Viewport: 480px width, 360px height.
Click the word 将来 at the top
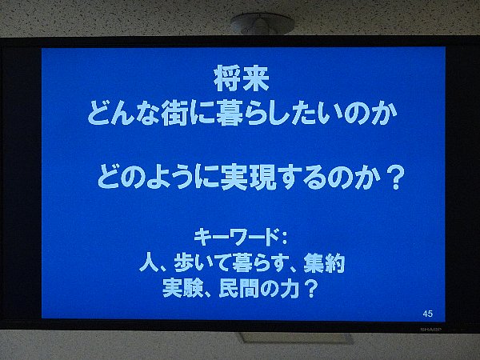[x=242, y=79]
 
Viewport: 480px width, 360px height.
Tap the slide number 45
[x=428, y=314]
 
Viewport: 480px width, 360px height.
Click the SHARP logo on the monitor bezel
[x=430, y=330]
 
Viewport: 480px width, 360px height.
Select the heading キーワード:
[x=241, y=237]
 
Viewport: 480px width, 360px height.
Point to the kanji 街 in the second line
[x=174, y=113]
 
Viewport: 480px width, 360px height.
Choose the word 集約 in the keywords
[x=324, y=263]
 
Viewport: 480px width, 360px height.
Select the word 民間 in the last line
[x=240, y=288]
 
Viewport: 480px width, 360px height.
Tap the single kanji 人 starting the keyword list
[x=149, y=263]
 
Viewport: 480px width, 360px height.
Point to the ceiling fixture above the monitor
[x=262, y=23]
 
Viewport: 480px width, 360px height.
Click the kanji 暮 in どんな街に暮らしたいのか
[x=230, y=113]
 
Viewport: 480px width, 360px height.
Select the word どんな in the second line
[x=123, y=113]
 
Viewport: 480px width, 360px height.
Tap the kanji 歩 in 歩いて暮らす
[x=184, y=263]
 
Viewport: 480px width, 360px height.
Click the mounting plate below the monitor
[x=296, y=338]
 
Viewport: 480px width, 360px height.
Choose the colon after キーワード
[x=284, y=238]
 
